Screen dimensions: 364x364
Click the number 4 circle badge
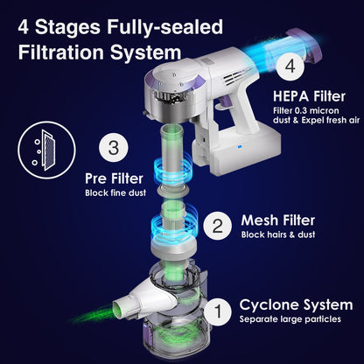pyautogui.click(x=290, y=66)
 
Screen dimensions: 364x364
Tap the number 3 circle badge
pyautogui.click(x=114, y=148)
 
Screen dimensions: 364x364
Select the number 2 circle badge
pyautogui.click(x=218, y=226)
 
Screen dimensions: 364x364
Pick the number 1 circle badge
pyautogui.click(x=218, y=311)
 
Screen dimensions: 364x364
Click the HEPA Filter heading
pyautogui.click(x=309, y=96)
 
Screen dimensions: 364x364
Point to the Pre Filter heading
pyautogui.click(x=114, y=178)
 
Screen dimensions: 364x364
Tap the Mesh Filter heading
pyautogui.click(x=278, y=220)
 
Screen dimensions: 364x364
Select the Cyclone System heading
pyautogui.click(x=296, y=305)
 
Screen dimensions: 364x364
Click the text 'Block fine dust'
pyautogui.click(x=115, y=193)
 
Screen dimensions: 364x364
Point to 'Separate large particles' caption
pyautogui.click(x=290, y=319)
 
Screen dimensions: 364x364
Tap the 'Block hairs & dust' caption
pyautogui.click(x=278, y=234)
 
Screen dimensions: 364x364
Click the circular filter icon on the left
pyautogui.click(x=46, y=150)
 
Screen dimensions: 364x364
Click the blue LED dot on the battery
pyautogui.click(x=240, y=147)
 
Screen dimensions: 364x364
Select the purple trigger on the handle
pyautogui.click(x=224, y=103)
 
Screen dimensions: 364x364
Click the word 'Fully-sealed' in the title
pyautogui.click(x=165, y=27)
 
